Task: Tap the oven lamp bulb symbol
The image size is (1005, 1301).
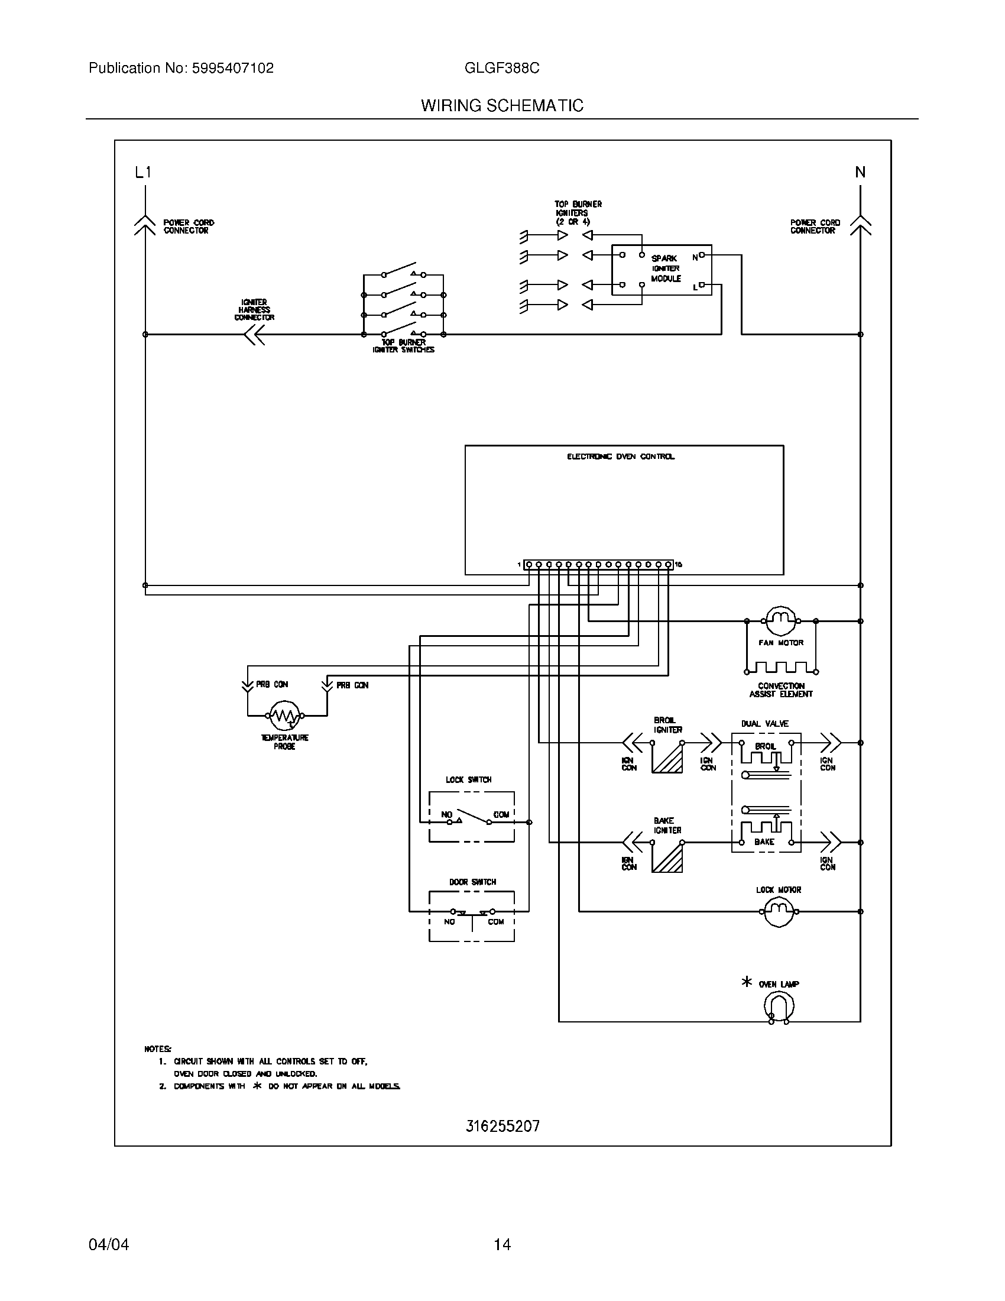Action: (x=779, y=1007)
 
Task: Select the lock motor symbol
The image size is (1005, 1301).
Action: (x=778, y=911)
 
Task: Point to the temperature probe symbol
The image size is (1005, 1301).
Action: (x=285, y=716)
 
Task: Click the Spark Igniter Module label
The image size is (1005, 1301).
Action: (x=666, y=268)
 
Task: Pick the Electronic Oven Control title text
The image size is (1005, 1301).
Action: (x=620, y=457)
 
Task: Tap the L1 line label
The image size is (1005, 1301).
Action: (x=144, y=173)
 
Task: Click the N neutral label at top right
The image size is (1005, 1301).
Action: (x=860, y=173)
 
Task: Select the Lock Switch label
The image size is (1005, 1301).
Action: (x=469, y=780)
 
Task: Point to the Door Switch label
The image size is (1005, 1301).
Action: (x=472, y=882)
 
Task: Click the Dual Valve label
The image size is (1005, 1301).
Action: (x=765, y=723)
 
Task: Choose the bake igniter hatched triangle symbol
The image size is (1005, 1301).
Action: (x=669, y=859)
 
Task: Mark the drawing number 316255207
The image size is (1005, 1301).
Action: (x=502, y=1127)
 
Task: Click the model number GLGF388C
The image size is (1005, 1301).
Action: (x=502, y=69)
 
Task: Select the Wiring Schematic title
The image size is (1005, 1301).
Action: (x=502, y=106)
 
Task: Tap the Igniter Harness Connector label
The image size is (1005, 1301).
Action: (x=254, y=310)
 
